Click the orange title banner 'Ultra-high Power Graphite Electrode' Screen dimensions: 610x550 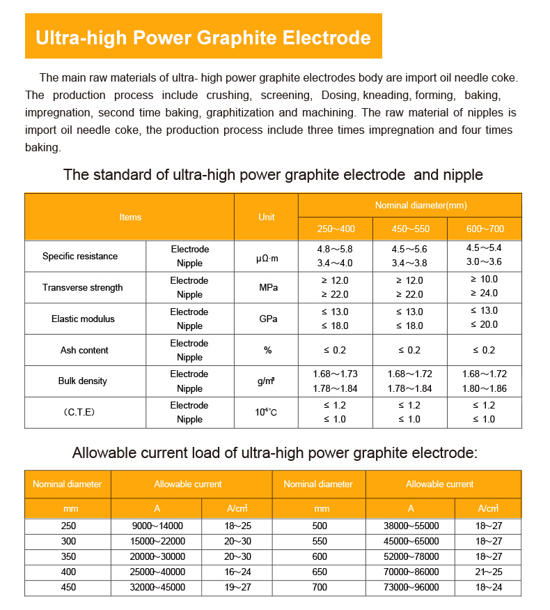click(203, 36)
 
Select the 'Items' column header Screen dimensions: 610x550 click(130, 217)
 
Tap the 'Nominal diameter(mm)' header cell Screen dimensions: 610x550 click(410, 205)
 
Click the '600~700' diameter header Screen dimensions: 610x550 click(485, 229)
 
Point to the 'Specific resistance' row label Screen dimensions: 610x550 click(80, 256)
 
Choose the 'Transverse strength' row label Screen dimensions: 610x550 click(82, 287)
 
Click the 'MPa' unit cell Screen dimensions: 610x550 click(267, 287)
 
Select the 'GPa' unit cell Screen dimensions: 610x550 click(267, 319)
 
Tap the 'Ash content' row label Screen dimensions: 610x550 click(84, 350)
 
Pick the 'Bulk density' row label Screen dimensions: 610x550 click(82, 381)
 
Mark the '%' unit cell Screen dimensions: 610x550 click(267, 350)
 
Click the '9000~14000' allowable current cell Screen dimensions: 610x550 click(157, 526)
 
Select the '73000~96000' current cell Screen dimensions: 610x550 click(411, 587)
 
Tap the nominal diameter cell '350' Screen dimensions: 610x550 click(68, 556)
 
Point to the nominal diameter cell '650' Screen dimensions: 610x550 click(321, 572)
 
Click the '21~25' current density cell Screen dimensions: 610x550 click(488, 572)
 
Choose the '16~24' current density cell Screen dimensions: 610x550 click(236, 572)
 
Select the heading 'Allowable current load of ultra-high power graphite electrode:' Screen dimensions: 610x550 click(275, 453)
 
